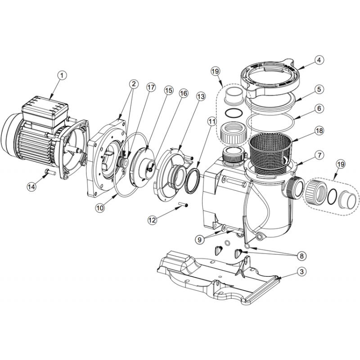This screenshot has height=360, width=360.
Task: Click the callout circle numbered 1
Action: tap(63, 75)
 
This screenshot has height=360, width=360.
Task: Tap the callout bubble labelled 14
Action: tap(31, 186)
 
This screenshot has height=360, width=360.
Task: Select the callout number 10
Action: tap(100, 208)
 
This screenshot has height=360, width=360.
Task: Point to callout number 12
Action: tap(152, 220)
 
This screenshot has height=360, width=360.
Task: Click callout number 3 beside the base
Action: tap(301, 272)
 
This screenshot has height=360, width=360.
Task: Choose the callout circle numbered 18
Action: tap(319, 130)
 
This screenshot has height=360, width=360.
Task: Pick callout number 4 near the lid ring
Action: tap(319, 60)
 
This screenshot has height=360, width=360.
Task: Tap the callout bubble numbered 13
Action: tap(201, 97)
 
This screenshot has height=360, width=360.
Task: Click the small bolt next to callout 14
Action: tap(50, 171)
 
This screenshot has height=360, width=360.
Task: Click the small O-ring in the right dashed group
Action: tap(333, 197)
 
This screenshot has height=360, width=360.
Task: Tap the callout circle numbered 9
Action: tap(200, 239)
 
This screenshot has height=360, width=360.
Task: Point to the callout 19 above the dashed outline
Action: tap(216, 72)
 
